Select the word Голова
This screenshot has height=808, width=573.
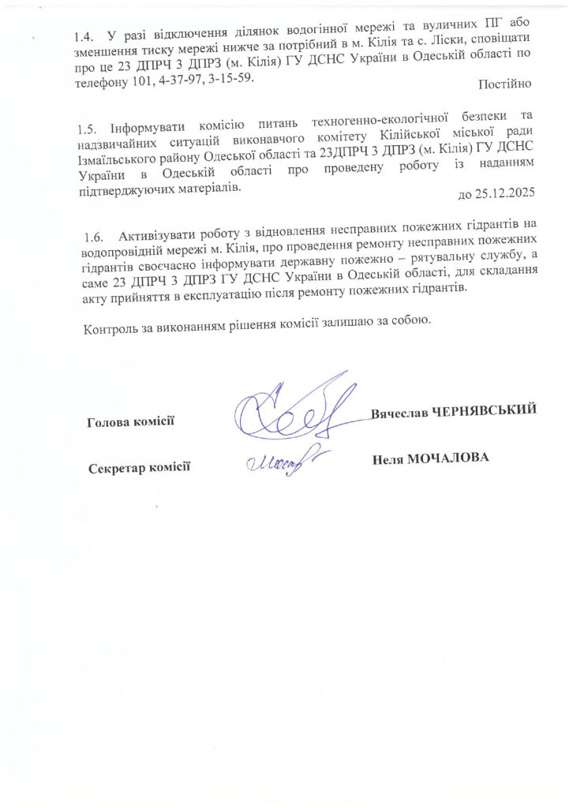pos(109,422)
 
